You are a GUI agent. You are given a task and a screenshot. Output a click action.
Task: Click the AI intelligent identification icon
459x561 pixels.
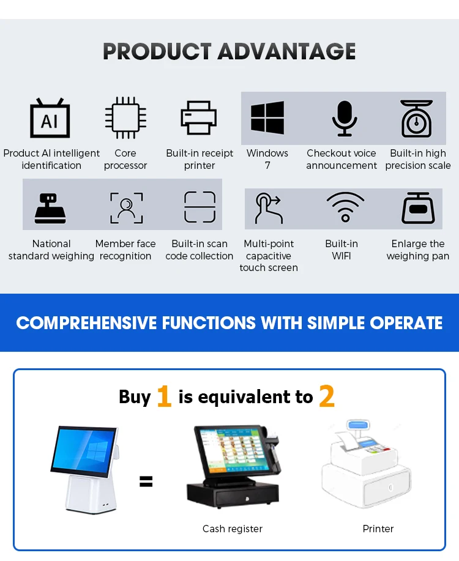pos(50,118)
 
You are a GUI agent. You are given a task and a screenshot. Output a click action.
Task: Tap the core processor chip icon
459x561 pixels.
pos(125,118)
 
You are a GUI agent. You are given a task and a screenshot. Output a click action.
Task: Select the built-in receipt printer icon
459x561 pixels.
pos(199,117)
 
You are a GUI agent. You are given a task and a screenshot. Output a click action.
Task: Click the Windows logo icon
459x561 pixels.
pos(267,118)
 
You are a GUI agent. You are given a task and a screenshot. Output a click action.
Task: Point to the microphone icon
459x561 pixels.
pos(344,118)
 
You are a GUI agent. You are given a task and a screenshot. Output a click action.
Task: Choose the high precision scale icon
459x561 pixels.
pos(417,119)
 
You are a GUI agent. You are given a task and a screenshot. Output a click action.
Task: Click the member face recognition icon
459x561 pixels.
pos(126,207)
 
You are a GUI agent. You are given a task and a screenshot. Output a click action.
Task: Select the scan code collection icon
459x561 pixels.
pos(200,207)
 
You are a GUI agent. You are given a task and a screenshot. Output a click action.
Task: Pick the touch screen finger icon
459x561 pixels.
pos(269,208)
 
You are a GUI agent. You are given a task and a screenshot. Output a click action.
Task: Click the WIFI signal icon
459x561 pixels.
pos(345,206)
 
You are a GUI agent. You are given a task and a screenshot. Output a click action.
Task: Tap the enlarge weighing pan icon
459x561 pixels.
pos(418,208)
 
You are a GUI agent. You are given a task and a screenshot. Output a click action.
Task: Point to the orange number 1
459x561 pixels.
pos(163,396)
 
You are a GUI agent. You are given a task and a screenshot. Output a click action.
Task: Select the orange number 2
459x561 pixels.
pos(327,396)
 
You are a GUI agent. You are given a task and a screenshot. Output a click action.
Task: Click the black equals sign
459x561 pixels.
pos(146,481)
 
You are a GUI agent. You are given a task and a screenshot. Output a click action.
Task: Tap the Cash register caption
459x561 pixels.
pos(233,529)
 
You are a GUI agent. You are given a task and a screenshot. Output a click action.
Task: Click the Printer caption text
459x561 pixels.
pos(378,529)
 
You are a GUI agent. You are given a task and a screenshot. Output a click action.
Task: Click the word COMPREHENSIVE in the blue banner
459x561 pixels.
pos(85,323)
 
